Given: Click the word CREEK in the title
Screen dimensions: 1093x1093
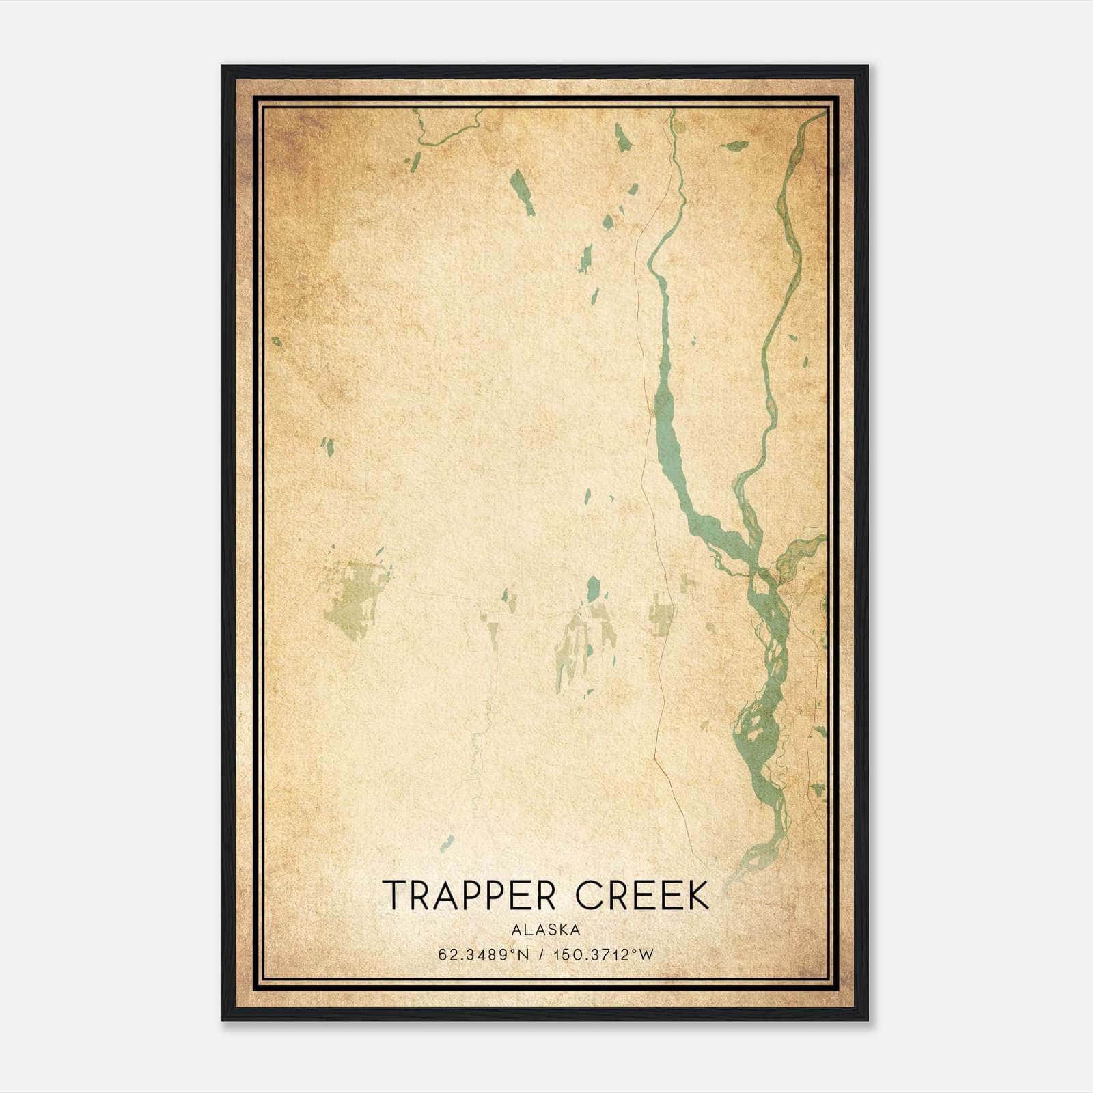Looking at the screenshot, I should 643,896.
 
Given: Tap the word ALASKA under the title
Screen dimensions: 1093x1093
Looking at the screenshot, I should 546,930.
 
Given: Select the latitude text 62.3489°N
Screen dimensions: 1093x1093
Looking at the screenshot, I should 484,955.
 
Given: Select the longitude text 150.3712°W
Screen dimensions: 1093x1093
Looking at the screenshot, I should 603,955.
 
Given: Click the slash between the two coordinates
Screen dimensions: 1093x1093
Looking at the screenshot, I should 541,955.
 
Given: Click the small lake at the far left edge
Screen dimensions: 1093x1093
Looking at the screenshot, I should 277,341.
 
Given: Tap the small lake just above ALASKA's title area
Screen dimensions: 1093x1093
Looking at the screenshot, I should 447,842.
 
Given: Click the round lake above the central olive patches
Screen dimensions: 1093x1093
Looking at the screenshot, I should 593,587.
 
